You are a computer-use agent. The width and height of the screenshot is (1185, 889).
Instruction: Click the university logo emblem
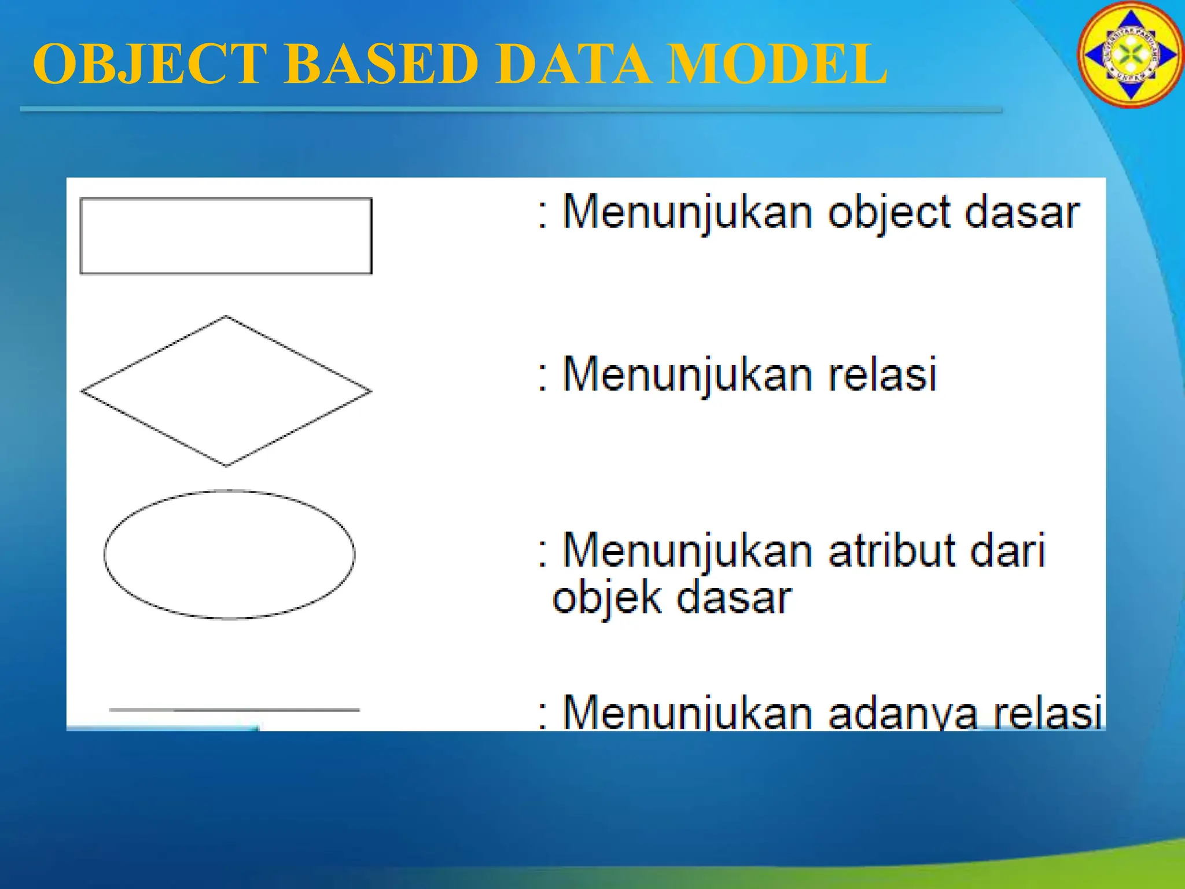(1130, 54)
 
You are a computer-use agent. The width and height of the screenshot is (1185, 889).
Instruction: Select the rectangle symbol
(226, 236)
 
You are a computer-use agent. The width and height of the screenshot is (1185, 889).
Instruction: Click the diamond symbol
(226, 391)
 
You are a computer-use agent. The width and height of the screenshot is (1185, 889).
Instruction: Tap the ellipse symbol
(229, 554)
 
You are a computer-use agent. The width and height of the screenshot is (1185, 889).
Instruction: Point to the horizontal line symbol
(234, 709)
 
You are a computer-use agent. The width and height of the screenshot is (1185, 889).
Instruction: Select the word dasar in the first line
(1022, 213)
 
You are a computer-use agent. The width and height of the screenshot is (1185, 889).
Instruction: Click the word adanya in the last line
(903, 713)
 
